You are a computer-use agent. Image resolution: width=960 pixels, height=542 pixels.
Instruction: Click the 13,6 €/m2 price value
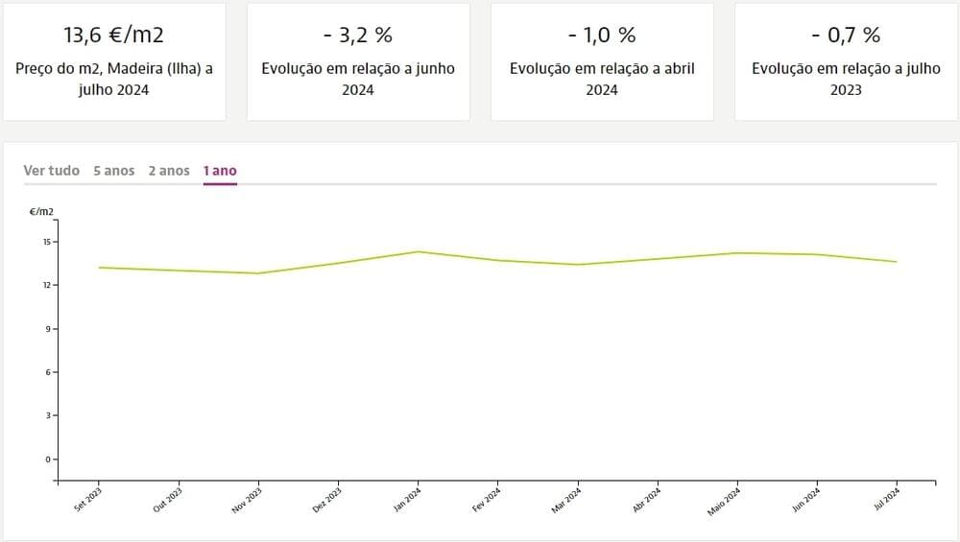pyautogui.click(x=114, y=35)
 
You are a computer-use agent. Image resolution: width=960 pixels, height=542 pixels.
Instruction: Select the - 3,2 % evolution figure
pyautogui.click(x=358, y=35)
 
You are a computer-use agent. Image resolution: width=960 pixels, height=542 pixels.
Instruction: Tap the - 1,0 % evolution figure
pyautogui.click(x=602, y=35)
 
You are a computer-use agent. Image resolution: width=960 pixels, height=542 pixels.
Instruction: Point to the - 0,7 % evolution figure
pyautogui.click(x=846, y=35)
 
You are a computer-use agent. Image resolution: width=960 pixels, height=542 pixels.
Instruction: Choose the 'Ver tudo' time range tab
pyautogui.click(x=52, y=171)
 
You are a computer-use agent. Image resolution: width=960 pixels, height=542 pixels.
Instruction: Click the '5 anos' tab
pyautogui.click(x=114, y=171)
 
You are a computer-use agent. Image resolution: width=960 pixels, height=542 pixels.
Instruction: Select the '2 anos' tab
pyautogui.click(x=169, y=171)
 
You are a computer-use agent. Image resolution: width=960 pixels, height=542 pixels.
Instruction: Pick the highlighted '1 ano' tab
pyautogui.click(x=220, y=171)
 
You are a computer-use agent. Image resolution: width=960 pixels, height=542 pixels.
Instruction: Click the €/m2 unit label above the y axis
pyautogui.click(x=41, y=211)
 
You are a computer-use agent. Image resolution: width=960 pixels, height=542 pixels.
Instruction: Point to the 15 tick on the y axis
pyautogui.click(x=45, y=242)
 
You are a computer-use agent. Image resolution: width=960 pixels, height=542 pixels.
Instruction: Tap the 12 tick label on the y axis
pyautogui.click(x=45, y=285)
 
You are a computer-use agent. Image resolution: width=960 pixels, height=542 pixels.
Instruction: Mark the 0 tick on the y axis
pyautogui.click(x=47, y=460)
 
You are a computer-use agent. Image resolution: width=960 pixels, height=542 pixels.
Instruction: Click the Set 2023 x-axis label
pyautogui.click(x=88, y=500)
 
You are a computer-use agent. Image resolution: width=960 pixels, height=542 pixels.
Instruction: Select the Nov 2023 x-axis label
pyautogui.click(x=248, y=500)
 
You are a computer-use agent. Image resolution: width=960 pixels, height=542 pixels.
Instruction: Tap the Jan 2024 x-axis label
pyautogui.click(x=408, y=500)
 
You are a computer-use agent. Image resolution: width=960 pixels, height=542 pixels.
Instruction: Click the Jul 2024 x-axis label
pyautogui.click(x=886, y=500)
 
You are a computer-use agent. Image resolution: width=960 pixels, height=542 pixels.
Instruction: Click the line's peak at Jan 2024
pyautogui.click(x=419, y=252)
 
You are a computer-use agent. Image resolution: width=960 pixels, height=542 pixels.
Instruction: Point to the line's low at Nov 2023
pyautogui.click(x=258, y=273)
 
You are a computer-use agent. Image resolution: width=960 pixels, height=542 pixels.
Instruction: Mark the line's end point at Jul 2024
pyautogui.click(x=897, y=262)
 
